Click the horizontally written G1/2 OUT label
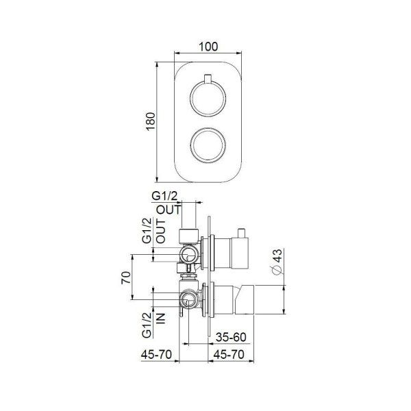coord(168,203)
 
